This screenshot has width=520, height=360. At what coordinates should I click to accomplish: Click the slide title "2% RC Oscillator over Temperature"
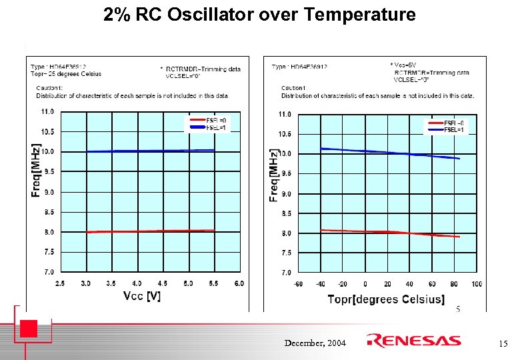click(259, 15)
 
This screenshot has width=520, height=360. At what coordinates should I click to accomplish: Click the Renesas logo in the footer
click(414, 341)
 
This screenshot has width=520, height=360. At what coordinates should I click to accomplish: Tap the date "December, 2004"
click(315, 343)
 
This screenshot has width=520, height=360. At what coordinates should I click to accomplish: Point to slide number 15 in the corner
click(503, 344)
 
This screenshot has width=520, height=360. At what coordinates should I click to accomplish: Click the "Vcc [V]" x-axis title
click(142, 296)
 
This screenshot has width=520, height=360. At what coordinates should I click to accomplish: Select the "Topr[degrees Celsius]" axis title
click(386, 299)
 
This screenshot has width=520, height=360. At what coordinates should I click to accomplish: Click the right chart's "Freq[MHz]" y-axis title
click(273, 175)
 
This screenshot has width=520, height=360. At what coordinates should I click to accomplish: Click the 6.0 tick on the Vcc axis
click(239, 283)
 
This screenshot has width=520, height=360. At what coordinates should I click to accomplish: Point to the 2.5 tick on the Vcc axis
click(60, 283)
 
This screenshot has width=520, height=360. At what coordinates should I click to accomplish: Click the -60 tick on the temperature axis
click(297, 284)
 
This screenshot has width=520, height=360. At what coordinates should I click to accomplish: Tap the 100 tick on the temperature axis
click(476, 284)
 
